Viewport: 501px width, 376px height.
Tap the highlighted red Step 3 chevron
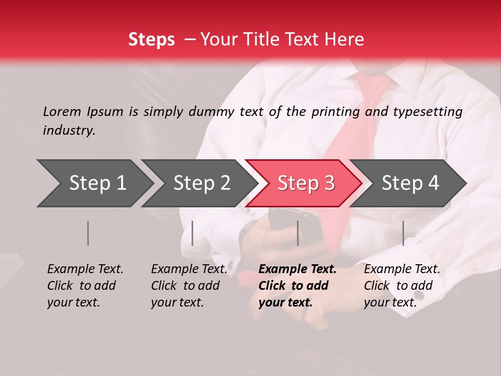coord(306,183)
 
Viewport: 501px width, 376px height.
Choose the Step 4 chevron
coord(410,183)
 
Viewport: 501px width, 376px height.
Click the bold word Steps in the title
coord(151,39)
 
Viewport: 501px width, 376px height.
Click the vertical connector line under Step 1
coord(88,233)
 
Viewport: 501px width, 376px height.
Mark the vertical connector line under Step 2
coord(193,233)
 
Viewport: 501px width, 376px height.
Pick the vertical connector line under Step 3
coord(297,233)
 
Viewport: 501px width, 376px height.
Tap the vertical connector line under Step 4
coord(403,233)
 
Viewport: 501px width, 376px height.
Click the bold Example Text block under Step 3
coord(297,286)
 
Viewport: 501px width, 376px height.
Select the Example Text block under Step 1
coord(85,286)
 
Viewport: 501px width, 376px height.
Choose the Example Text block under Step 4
coord(402,286)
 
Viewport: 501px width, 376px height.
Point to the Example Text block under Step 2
coord(189,286)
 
